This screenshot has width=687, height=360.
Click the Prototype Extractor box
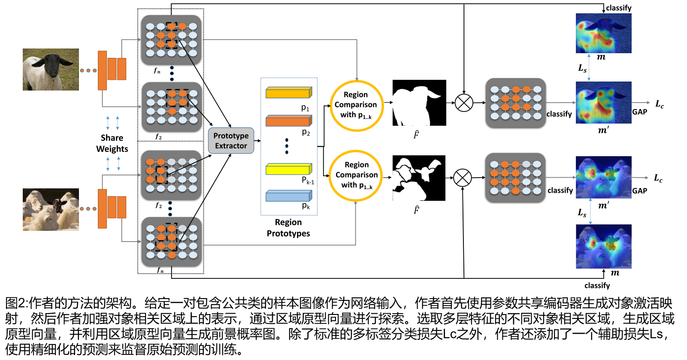[231, 141]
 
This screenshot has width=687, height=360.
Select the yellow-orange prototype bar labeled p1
[288, 93]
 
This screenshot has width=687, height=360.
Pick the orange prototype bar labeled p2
[288, 121]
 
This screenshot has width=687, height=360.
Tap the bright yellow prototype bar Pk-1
[288, 169]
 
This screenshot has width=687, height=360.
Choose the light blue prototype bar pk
[288, 196]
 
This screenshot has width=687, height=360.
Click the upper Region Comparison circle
[356, 106]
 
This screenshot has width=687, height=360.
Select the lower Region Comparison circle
[356, 175]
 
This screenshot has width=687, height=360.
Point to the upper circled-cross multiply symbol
[464, 103]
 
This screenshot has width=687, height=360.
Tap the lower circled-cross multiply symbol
[463, 178]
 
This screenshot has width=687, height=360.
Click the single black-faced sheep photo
[51, 70]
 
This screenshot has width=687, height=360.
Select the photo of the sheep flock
[51, 210]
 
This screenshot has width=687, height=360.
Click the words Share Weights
[112, 143]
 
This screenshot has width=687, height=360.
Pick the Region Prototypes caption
[288, 228]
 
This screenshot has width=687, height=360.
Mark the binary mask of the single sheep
[419, 103]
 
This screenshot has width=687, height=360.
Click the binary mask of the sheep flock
[419, 178]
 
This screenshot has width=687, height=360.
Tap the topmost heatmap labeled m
[603, 33]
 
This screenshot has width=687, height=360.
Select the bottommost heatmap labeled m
[603, 246]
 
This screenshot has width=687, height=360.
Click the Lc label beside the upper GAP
[659, 104]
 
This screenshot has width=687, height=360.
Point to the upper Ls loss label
[582, 68]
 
